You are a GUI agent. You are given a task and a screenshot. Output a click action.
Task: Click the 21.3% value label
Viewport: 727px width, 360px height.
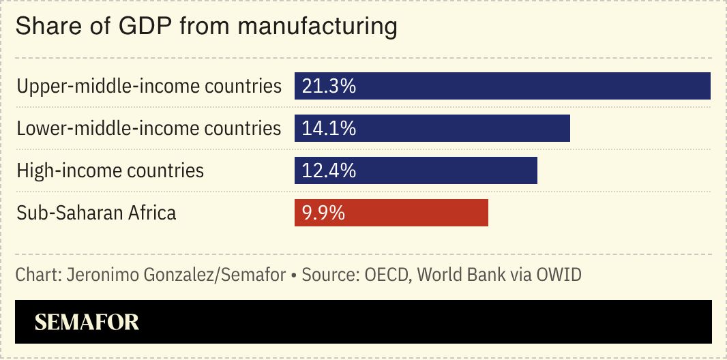[329, 87]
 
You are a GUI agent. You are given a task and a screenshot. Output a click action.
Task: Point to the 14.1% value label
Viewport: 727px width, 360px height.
[329, 128]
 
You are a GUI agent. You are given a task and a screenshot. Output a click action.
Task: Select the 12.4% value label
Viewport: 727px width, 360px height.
[329, 170]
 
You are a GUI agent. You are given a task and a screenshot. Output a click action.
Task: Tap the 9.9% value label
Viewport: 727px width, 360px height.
[323, 213]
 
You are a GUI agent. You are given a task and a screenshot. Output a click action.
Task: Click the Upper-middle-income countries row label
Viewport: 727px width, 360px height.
[149, 87]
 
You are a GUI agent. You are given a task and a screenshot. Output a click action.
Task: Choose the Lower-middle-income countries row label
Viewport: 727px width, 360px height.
[149, 128]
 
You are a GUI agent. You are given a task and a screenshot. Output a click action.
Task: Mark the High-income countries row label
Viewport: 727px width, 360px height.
[110, 170]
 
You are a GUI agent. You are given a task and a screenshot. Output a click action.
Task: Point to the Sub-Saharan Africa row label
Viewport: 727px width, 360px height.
[96, 213]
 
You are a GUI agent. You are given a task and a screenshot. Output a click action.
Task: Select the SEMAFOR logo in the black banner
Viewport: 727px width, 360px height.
[87, 322]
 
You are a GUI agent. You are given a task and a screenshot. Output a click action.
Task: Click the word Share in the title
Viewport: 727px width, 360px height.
[41, 27]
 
